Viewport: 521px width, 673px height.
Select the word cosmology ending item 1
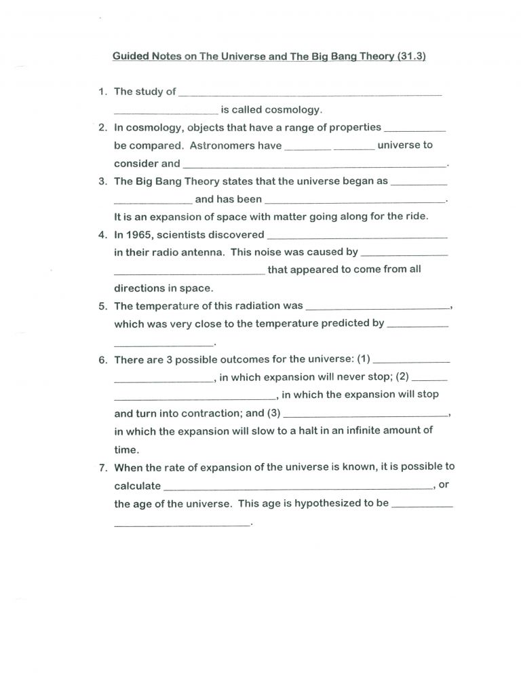tap(294, 109)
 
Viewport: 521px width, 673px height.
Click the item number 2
tap(102, 127)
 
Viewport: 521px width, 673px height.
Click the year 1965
tap(141, 235)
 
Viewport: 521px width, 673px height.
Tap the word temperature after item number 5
tap(163, 306)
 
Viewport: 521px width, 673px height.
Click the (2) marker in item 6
tap(403, 376)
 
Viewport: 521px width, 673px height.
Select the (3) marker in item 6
tap(274, 412)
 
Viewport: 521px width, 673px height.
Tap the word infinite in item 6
tap(359, 430)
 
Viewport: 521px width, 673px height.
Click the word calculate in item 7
tap(138, 486)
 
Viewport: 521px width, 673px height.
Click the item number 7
tap(102, 467)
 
